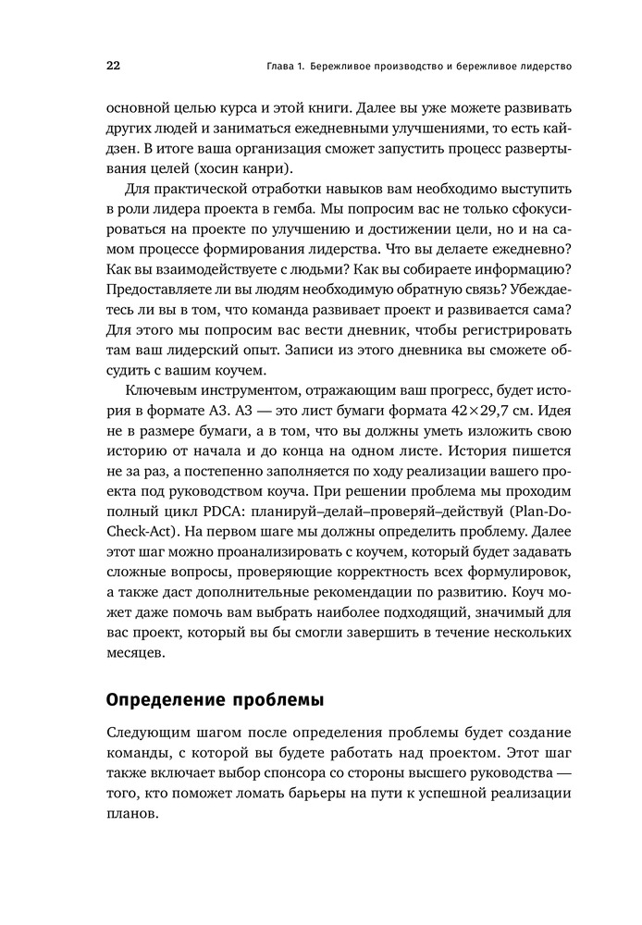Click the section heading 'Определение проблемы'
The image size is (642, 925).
pyautogui.click(x=216, y=698)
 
